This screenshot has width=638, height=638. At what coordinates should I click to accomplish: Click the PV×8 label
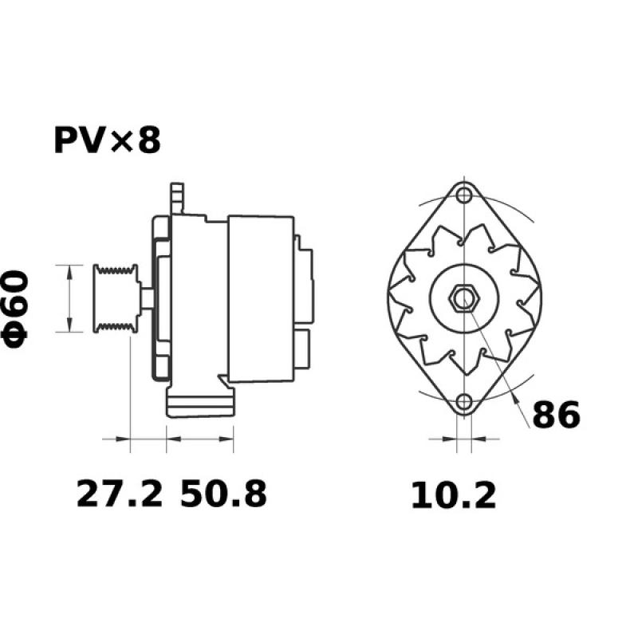[107, 141]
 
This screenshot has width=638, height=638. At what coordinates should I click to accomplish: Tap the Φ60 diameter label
[18, 308]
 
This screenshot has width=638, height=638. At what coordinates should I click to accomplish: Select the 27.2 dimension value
[119, 494]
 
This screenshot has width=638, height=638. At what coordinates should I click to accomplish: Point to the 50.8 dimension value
[223, 494]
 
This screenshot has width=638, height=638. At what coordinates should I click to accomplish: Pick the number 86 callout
[556, 415]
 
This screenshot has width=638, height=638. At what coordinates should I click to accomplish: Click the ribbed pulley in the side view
[114, 297]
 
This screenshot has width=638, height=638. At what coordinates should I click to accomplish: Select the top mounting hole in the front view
[463, 195]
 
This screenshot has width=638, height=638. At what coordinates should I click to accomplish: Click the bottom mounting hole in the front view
[463, 403]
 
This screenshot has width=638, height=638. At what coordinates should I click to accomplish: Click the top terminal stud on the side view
[178, 196]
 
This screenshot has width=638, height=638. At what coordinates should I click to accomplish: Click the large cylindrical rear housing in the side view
[262, 298]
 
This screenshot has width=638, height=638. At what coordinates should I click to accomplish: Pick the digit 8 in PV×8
[149, 141]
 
